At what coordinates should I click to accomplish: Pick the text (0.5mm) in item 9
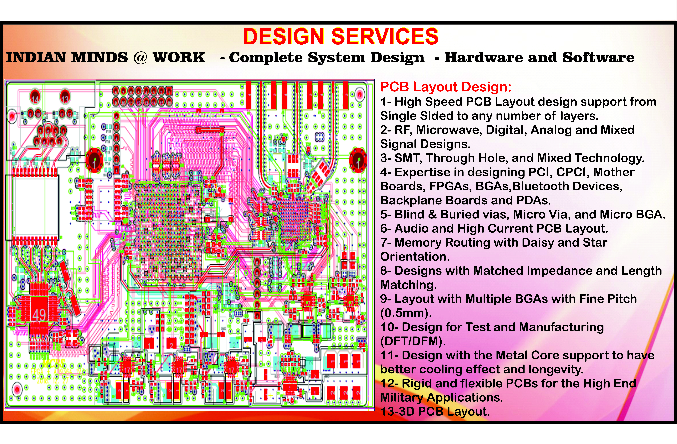pyautogui.click(x=406, y=313)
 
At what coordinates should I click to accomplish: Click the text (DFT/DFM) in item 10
pyautogui.click(x=412, y=341)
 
